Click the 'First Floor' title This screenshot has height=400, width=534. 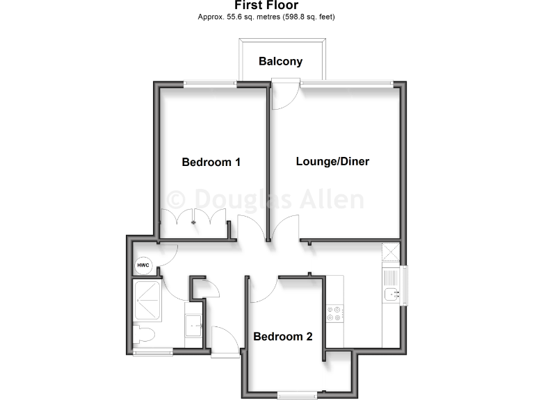pos(266,6)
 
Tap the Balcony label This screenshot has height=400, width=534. pos(280,61)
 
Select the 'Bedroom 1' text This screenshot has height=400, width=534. pos(211,162)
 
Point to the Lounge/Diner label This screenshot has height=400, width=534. pos(332,162)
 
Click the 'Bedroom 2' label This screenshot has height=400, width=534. pos(282,337)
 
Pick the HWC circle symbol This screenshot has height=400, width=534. pos(143,265)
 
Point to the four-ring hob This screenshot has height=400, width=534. pos(334,314)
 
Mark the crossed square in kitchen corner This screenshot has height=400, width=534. pos(391,253)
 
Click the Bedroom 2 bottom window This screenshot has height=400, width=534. pos(297,395)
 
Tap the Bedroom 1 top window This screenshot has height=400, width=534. pos(210,85)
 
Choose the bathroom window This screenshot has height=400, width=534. pos(152,351)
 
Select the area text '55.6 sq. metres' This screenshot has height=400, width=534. pos(249,17)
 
